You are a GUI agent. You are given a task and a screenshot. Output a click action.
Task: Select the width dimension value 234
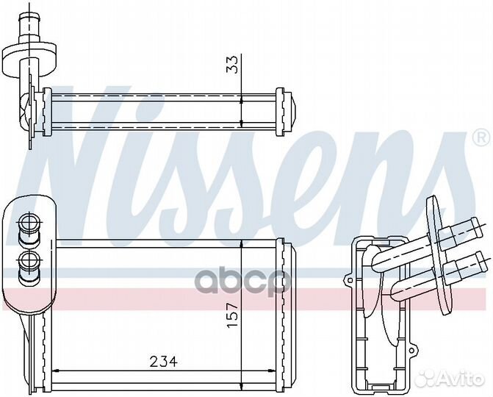163,362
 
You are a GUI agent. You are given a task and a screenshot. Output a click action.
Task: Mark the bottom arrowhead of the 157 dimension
242,382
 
